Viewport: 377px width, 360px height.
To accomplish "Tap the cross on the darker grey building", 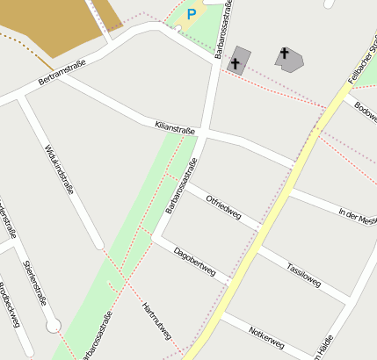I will (x=235, y=62).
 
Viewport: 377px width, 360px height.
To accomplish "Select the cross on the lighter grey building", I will (x=284, y=54).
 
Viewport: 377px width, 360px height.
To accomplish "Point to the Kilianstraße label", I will (x=174, y=128).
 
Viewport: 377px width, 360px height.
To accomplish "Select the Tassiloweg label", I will (x=303, y=273).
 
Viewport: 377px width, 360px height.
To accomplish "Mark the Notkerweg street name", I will (x=268, y=338).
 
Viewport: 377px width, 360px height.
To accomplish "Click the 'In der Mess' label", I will (x=358, y=215).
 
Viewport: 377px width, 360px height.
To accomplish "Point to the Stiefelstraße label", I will (x=35, y=281).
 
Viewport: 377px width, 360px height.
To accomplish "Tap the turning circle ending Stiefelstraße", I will (x=54, y=327).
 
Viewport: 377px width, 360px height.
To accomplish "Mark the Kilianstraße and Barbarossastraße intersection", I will (x=203, y=134).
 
